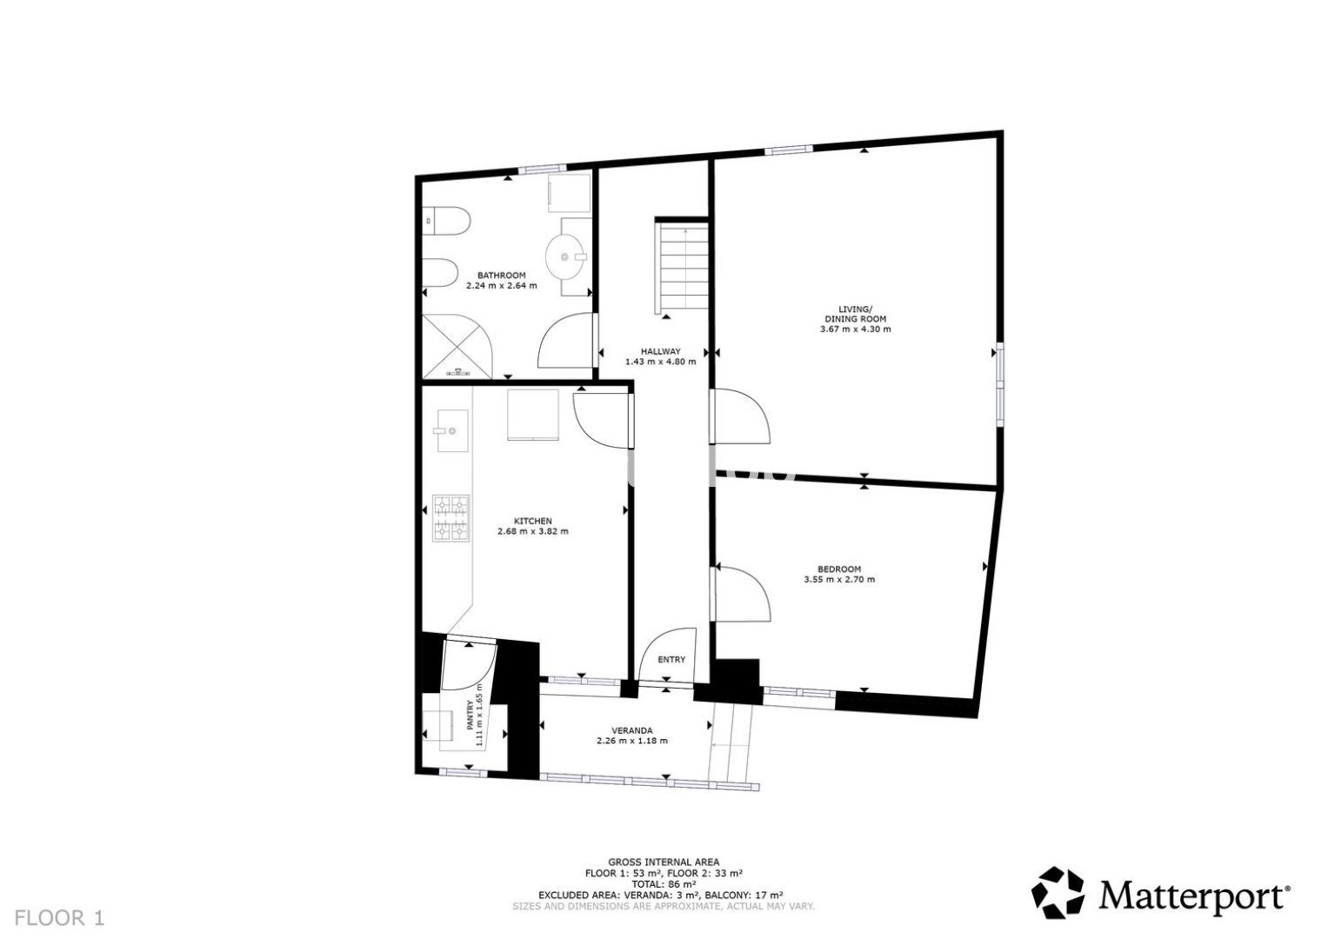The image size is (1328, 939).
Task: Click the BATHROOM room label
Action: (x=502, y=275)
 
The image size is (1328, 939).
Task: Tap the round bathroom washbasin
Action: (x=565, y=256)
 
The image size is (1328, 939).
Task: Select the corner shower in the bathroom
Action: (x=457, y=346)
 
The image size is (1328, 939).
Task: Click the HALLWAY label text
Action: (x=660, y=351)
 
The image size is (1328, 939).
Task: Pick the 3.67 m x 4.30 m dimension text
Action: (x=856, y=329)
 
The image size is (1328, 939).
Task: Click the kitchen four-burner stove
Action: (x=451, y=518)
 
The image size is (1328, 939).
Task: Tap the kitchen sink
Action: (x=452, y=430)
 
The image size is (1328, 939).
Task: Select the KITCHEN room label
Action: (x=532, y=521)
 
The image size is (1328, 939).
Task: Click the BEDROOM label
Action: (x=839, y=569)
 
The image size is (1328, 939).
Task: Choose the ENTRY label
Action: (x=671, y=659)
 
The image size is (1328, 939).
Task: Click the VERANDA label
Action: (x=632, y=730)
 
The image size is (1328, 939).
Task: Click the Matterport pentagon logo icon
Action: (x=1058, y=892)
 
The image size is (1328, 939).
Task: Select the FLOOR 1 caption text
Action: (x=59, y=918)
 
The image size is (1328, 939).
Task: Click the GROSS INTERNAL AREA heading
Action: (x=664, y=862)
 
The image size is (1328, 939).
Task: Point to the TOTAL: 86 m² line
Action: (x=664, y=884)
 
